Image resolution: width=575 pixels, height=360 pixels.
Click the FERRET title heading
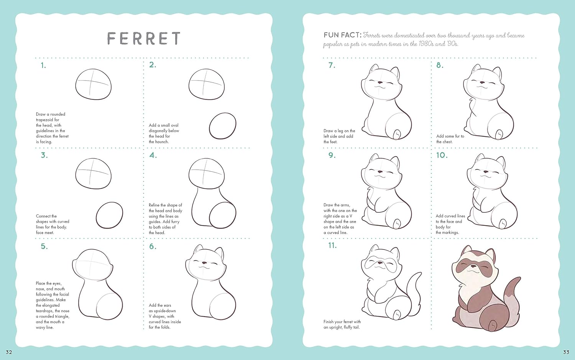(x=144, y=38)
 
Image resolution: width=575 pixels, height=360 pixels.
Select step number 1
(x=43, y=66)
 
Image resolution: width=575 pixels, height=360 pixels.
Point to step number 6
(x=153, y=247)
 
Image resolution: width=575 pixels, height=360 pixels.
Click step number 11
(x=332, y=245)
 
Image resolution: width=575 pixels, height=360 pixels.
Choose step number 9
(x=332, y=155)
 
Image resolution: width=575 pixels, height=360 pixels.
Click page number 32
(x=9, y=352)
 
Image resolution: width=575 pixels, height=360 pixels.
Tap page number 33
(x=566, y=352)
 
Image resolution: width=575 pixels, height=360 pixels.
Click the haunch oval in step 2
(x=223, y=126)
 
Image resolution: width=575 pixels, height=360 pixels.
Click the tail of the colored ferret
(x=511, y=301)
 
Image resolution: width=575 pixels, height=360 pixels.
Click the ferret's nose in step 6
(x=204, y=263)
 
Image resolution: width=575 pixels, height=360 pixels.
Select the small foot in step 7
(x=397, y=134)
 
